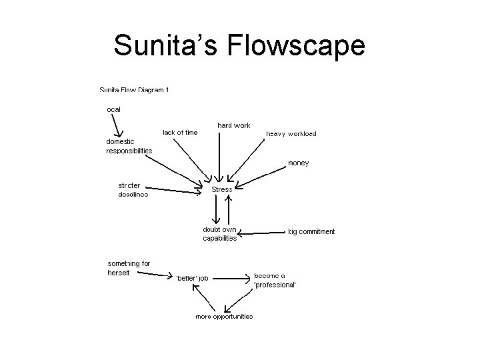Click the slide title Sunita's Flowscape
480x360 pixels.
[239, 46]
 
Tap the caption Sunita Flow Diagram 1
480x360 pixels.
[133, 90]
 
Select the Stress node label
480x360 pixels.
[222, 189]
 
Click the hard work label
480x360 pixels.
[233, 125]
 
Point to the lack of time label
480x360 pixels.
[180, 133]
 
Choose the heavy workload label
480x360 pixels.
[291, 134]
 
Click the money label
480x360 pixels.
[298, 163]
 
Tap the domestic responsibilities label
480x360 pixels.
[129, 146]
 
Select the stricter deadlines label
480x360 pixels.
[133, 190]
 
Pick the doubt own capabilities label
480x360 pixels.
[220, 234]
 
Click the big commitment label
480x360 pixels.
[311, 232]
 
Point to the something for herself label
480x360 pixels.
[129, 268]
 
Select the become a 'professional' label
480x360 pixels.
[275, 280]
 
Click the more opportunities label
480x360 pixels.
[224, 316]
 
